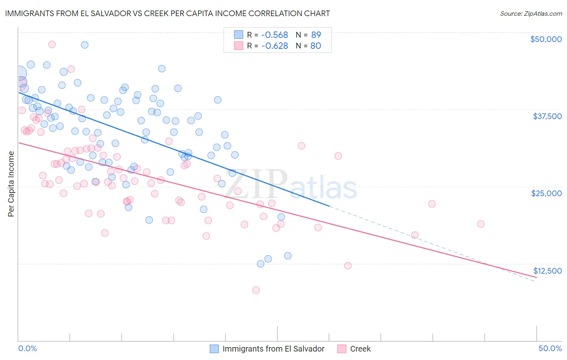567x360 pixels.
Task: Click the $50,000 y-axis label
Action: pos(546,39)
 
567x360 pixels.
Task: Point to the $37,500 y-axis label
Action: pos(547,116)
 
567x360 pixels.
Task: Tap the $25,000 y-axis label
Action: pos(546,193)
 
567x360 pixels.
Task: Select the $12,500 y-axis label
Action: pos(547,271)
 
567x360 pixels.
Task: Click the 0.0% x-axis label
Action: pos(28,348)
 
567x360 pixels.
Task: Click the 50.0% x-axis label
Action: pos(550,348)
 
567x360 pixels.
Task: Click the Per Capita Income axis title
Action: pos(11,184)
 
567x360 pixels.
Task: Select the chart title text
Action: pos(167,13)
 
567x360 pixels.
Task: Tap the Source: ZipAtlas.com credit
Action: pos(531,13)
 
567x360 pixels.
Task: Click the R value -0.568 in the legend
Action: pos(275,35)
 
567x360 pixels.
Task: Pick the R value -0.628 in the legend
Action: pos(275,46)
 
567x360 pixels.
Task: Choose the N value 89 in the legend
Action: pos(316,35)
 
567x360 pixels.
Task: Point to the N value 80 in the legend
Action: pos(316,46)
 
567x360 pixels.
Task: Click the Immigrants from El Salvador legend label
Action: pos(273,349)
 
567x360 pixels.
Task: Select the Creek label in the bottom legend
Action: pos(360,349)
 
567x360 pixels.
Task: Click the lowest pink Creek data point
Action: pos(256,290)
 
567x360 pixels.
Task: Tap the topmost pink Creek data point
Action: pos(52,44)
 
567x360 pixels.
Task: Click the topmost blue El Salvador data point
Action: pos(85,45)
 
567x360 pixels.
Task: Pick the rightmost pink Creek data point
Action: pos(481,224)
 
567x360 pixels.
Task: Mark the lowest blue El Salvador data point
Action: pos(261,264)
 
